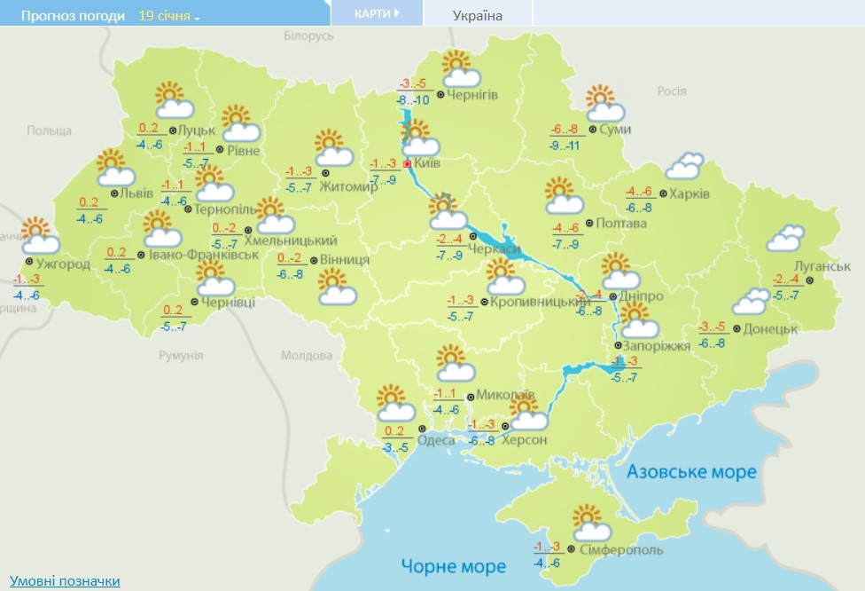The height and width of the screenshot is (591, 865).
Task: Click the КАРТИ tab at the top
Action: pyautogui.click(x=376, y=13)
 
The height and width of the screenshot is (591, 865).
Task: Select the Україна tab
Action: pyautogui.click(x=477, y=15)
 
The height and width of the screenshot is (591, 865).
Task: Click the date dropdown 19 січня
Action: pyautogui.click(x=168, y=16)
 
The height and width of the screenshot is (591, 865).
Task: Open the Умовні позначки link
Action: pyautogui.click(x=65, y=580)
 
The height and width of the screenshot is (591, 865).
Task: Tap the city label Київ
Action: pyautogui.click(x=428, y=164)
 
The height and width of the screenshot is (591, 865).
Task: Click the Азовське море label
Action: pyautogui.click(x=691, y=471)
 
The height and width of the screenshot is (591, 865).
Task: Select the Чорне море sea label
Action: pyautogui.click(x=453, y=565)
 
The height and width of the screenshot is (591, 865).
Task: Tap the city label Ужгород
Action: pyautogui.click(x=63, y=264)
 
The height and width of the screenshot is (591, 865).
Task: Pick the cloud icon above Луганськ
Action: pyautogui.click(x=784, y=238)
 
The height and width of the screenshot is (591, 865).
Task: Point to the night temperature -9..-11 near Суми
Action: pyautogui.click(x=564, y=145)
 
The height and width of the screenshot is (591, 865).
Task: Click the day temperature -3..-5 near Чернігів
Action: pyautogui.click(x=415, y=84)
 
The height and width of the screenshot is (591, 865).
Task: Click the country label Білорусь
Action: pyautogui.click(x=308, y=35)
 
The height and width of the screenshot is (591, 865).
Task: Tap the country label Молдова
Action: pyautogui.click(x=306, y=355)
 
